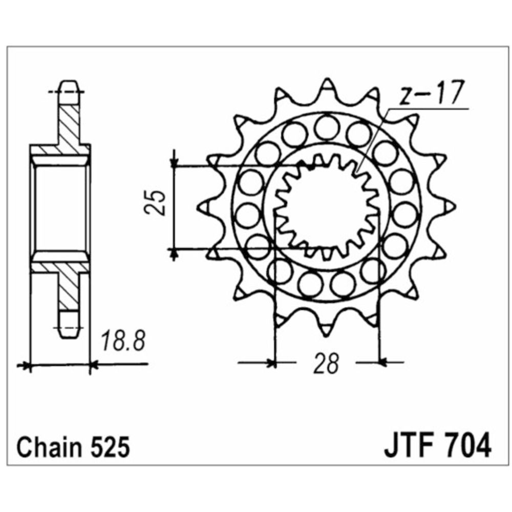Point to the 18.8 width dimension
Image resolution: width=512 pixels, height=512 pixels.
pos(121,341)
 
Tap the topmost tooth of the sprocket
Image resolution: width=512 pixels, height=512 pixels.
pos(326,87)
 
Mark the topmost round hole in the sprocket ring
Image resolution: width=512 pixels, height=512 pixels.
pos(326,127)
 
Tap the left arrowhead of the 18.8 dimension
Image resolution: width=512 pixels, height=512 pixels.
pos(24,366)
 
